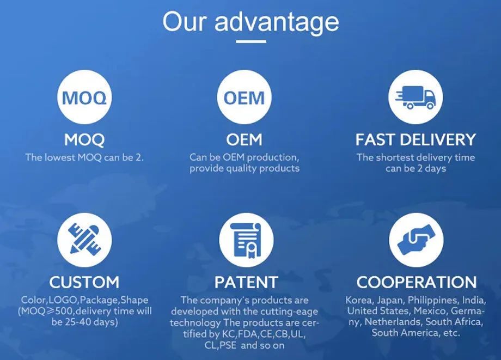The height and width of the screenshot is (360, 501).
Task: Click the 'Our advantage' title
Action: click(x=250, y=22)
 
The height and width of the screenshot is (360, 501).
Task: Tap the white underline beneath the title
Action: click(x=251, y=41)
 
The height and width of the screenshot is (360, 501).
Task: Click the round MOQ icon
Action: click(x=84, y=97)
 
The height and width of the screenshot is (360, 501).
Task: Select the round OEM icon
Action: click(x=244, y=97)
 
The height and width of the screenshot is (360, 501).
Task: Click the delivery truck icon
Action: click(x=416, y=97)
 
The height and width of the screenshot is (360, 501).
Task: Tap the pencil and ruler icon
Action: click(x=84, y=240)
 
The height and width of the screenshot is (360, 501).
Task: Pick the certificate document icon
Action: click(x=246, y=240)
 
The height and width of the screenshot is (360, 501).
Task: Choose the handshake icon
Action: click(x=416, y=240)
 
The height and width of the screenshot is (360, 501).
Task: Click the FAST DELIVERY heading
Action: click(x=416, y=139)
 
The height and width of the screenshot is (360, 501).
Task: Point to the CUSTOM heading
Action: click(x=84, y=282)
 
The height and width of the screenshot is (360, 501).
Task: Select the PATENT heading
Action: click(x=246, y=282)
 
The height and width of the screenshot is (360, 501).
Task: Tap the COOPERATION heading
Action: click(x=417, y=282)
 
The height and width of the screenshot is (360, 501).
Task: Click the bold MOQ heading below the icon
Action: click(x=84, y=140)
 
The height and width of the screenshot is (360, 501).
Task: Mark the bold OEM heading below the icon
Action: click(x=244, y=139)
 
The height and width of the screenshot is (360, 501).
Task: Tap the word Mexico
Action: click(x=430, y=311)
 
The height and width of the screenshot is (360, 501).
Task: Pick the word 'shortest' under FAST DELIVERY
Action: click(x=395, y=157)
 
